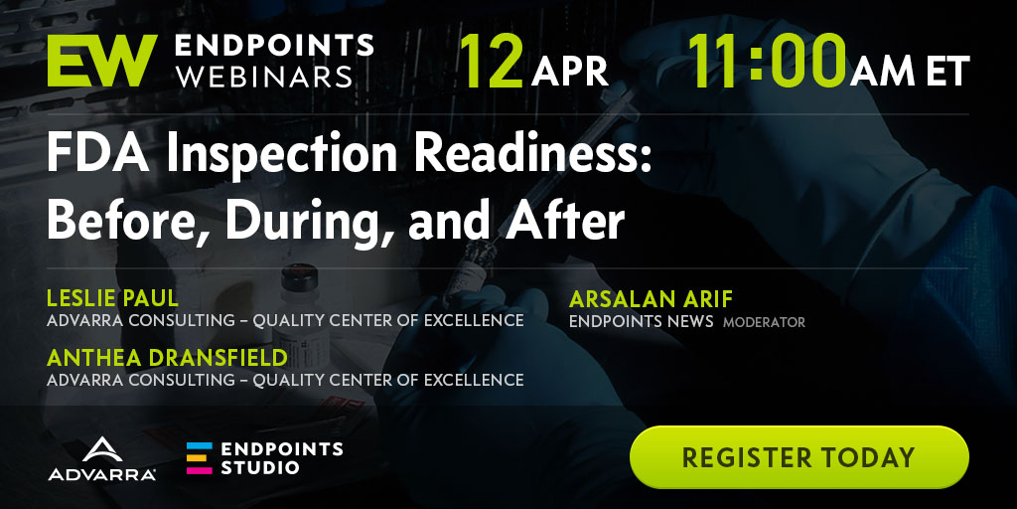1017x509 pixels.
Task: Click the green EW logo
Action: point(102,61)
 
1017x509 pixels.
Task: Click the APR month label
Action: point(569,72)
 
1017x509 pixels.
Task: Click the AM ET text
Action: point(910,71)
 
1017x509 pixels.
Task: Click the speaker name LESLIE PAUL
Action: point(113,298)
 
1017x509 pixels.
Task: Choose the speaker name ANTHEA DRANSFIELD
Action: point(167,358)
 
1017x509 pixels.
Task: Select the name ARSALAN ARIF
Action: point(651,299)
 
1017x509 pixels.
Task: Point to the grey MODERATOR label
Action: point(764,322)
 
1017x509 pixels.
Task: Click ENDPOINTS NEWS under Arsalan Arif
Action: point(641,321)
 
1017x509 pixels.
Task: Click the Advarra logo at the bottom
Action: point(102,459)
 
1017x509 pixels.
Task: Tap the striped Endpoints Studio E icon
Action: point(199,458)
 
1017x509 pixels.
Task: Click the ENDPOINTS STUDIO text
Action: point(281,457)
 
